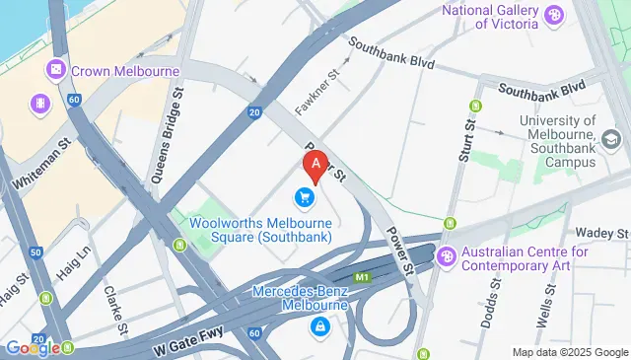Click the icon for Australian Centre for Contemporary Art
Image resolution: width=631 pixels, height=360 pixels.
446,254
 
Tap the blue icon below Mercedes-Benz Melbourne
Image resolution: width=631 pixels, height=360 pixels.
319,325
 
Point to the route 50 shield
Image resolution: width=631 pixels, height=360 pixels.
36,252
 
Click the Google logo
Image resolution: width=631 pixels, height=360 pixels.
31,347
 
